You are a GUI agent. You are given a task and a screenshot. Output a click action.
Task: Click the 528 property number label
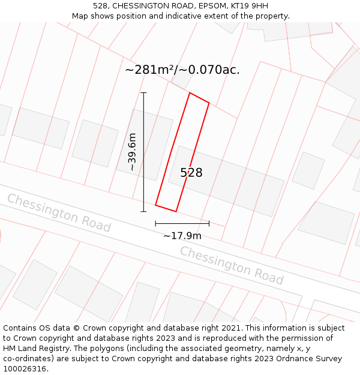coord(191,173)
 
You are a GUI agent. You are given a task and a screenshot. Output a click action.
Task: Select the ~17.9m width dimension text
coord(182,236)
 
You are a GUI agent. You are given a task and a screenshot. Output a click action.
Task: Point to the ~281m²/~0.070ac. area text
coord(182,70)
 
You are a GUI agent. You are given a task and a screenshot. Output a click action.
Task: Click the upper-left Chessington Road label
coord(59,212)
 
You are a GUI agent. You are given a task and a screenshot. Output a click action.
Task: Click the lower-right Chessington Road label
coord(231,265)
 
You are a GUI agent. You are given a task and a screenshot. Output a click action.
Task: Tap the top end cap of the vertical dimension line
coord(143,93)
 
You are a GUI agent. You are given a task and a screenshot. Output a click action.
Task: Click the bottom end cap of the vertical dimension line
coord(143,211)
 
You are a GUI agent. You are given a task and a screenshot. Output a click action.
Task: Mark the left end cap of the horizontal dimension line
coord(156,223)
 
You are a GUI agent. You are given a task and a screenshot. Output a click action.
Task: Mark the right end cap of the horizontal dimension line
coord(209,223)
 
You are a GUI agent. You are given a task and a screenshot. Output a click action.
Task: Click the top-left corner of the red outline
coord(190,93)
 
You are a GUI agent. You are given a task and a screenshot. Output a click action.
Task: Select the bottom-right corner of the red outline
coord(176,211)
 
